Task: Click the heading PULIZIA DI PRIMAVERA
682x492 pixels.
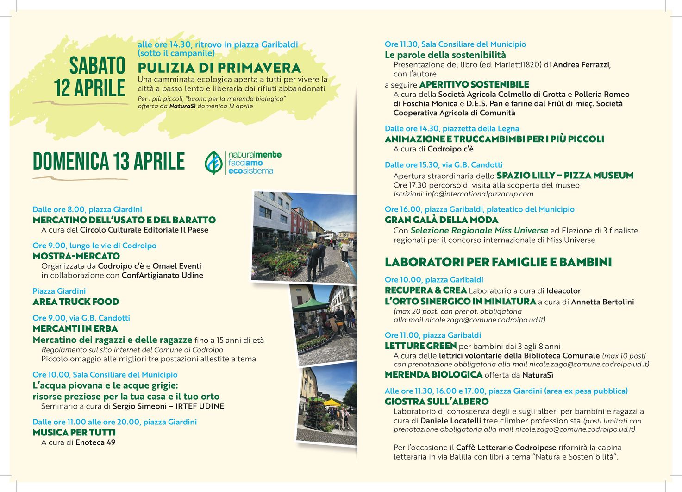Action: pos(219,68)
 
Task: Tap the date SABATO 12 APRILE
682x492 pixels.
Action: pos(90,77)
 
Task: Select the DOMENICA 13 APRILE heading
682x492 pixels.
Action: pos(108,162)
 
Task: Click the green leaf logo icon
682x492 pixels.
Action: pos(213,163)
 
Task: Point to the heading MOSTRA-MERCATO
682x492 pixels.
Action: pos(76,256)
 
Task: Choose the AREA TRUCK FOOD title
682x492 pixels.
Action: pos(75,302)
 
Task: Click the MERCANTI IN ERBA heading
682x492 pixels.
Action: pos(75,328)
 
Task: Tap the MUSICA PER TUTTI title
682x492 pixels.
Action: pos(74,432)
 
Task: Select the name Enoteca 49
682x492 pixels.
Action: pos(95,442)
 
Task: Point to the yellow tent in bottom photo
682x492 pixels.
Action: pos(332,403)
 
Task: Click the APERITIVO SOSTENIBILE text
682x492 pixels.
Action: pos(474,85)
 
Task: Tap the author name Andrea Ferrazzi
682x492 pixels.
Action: pos(582,65)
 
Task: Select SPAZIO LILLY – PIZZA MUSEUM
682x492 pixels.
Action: pos(565,176)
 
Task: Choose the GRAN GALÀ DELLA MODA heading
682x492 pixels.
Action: pos(441,220)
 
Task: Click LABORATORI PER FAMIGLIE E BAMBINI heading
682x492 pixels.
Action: pos(498,262)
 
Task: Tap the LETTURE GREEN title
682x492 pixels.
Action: pos(420,346)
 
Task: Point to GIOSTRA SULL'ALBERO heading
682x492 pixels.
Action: pos(437,402)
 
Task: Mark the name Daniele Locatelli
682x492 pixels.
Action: pos(450,421)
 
